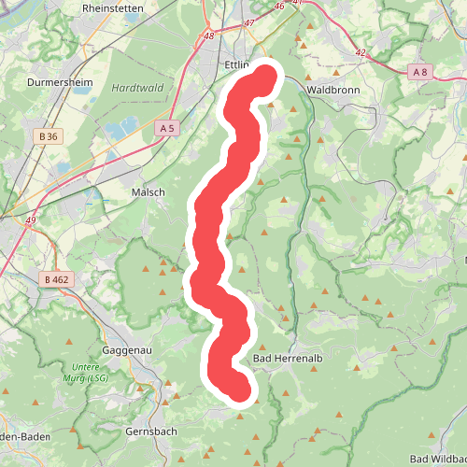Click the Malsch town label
click(149, 191)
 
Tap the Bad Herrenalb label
click(288, 359)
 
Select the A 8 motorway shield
click(421, 71)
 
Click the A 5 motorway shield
click(167, 128)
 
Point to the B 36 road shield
click(49, 136)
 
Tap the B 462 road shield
click(56, 278)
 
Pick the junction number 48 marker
click(207, 37)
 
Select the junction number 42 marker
click(360, 53)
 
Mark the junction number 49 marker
click(31, 220)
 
